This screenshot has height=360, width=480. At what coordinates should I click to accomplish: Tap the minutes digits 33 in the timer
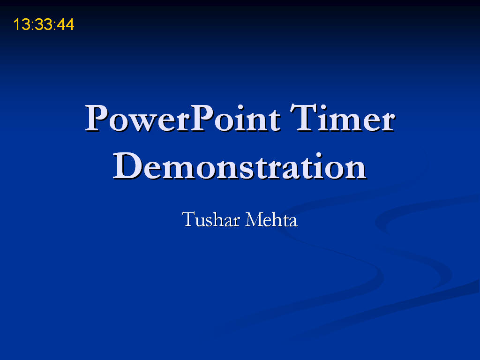tap(44, 24)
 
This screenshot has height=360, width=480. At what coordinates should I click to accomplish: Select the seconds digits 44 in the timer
tap(66, 24)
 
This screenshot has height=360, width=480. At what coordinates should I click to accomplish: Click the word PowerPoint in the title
tap(183, 118)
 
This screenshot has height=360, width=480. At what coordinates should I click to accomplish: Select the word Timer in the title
tap(343, 118)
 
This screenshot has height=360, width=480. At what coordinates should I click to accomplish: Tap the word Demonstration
tap(240, 165)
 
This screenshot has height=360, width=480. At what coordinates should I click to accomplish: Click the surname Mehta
tap(271, 219)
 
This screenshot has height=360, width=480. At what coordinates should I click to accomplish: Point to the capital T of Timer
tap(303, 118)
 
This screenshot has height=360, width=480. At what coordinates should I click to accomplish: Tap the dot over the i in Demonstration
tap(319, 155)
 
